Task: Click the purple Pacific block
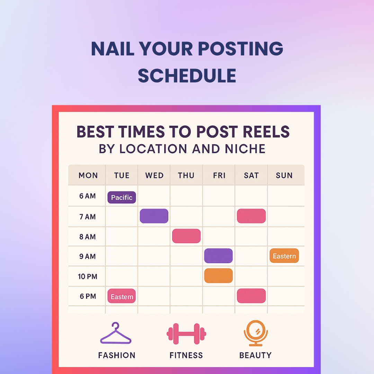(122, 197)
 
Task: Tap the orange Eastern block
(284, 256)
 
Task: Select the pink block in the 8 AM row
(186, 236)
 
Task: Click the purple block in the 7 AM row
(154, 216)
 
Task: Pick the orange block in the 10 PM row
(219, 276)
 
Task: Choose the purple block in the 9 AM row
(219, 256)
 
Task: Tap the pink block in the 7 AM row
(251, 216)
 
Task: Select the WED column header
(154, 176)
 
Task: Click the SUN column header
(284, 176)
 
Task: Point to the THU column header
(186, 176)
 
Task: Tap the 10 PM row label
(88, 276)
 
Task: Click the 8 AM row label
(88, 237)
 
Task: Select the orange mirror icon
(256, 333)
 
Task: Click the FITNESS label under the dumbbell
(186, 355)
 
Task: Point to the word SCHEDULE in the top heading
(187, 76)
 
